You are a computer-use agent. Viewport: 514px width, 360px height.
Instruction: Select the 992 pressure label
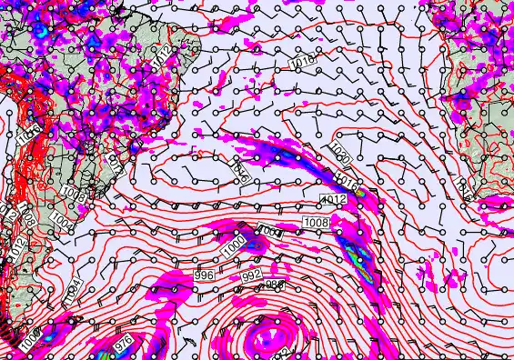pos(252,275)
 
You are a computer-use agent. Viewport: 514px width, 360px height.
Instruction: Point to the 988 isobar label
pos(272,285)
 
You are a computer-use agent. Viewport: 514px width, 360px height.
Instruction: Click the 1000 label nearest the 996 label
pos(234,245)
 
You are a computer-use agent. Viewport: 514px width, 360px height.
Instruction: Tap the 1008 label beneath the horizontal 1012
pos(316,222)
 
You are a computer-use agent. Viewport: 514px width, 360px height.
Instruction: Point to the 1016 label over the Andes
pos(27,137)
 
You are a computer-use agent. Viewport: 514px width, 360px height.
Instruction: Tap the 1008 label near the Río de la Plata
pos(75,195)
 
